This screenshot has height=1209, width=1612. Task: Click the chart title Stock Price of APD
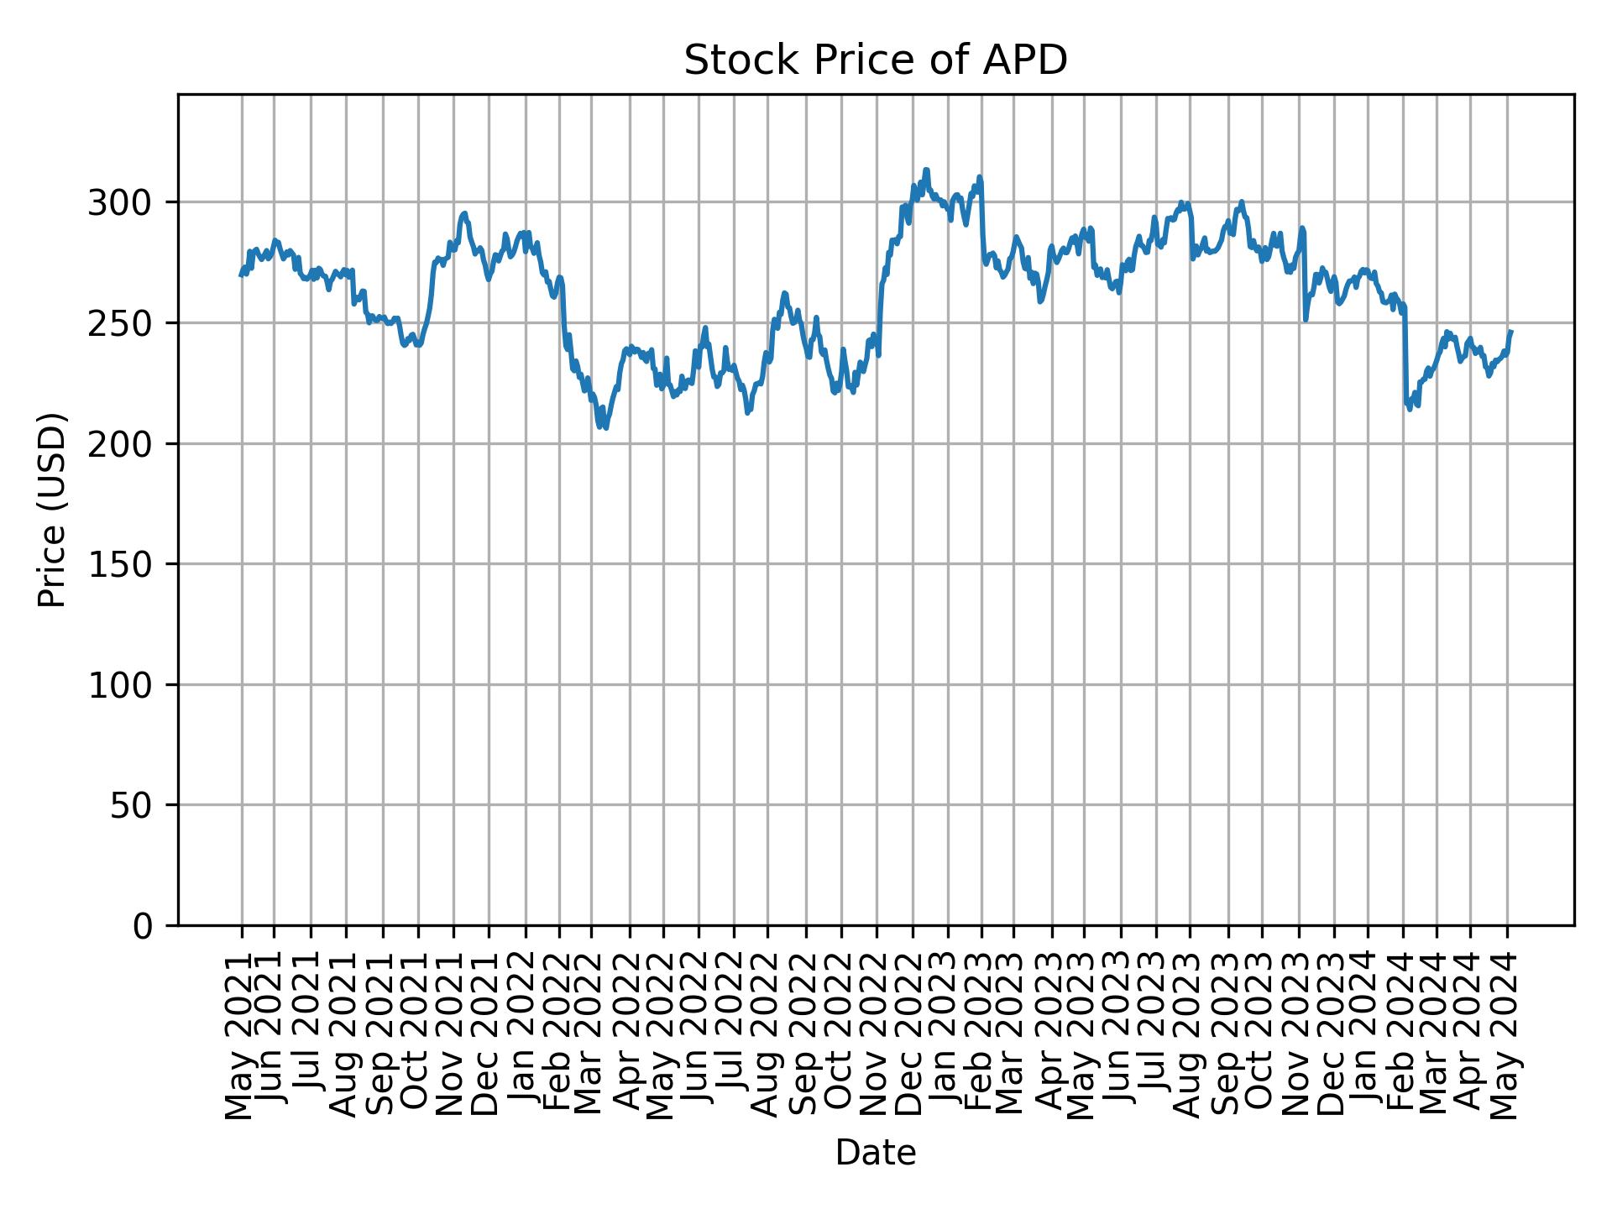(875, 60)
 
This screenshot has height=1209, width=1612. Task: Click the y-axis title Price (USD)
(52, 510)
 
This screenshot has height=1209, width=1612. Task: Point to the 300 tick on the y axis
(128, 203)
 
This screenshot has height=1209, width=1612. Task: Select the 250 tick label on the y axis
(128, 323)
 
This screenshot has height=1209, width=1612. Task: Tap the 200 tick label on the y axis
(128, 444)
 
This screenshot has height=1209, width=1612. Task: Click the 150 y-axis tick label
(128, 564)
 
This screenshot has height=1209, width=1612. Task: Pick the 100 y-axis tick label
(128, 685)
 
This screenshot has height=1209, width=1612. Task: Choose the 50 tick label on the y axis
(139, 805)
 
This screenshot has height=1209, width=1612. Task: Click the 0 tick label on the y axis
(149, 926)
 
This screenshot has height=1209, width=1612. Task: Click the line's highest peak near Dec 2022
(926, 170)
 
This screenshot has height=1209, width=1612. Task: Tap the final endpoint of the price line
(1510, 332)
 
